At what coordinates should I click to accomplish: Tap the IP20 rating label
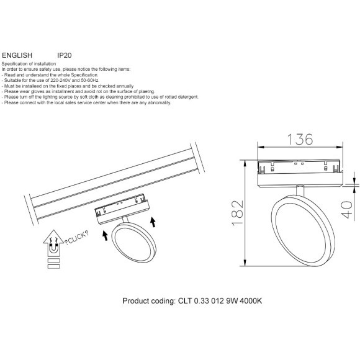(x=65, y=55)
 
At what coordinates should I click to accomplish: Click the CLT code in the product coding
(x=184, y=300)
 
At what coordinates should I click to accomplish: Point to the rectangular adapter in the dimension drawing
(x=299, y=169)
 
